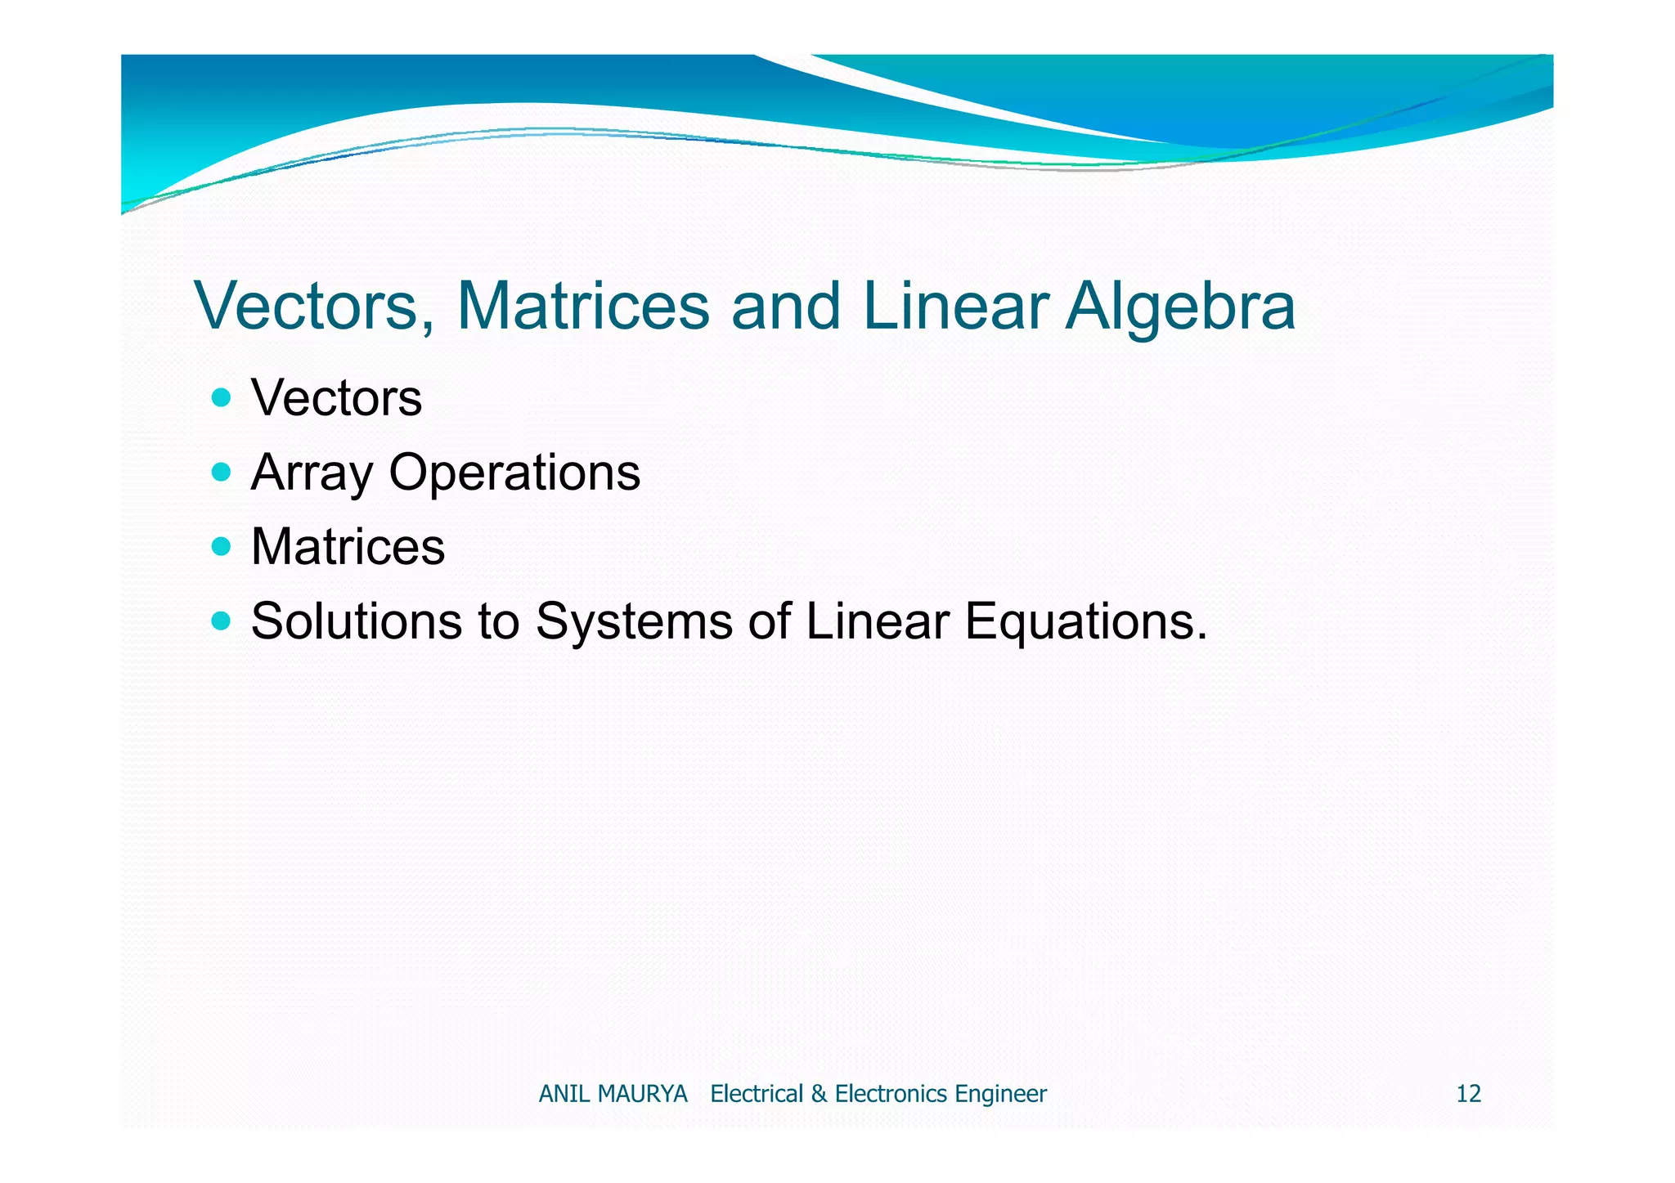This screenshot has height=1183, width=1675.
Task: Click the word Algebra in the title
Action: click(1180, 307)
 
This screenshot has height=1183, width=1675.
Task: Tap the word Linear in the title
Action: click(954, 307)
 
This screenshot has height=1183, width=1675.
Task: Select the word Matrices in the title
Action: click(583, 307)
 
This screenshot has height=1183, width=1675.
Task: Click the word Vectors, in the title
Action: click(314, 307)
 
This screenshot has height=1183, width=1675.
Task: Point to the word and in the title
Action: click(786, 307)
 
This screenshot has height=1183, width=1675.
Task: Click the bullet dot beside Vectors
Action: click(221, 398)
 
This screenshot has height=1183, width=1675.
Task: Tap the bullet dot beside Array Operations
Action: click(221, 472)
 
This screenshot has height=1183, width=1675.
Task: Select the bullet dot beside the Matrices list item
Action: click(221, 546)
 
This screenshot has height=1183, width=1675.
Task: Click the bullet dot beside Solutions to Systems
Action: click(221, 621)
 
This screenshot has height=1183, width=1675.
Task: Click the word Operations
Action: click(514, 473)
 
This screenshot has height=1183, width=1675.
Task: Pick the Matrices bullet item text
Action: click(348, 547)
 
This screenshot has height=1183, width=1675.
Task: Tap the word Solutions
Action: click(357, 621)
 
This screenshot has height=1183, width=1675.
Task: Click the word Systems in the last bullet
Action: click(634, 621)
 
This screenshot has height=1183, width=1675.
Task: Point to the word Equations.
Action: click(1085, 621)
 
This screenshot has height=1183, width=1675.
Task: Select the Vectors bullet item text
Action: click(336, 399)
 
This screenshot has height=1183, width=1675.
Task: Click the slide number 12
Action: click(1468, 1094)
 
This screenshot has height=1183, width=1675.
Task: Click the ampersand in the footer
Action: click(819, 1094)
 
